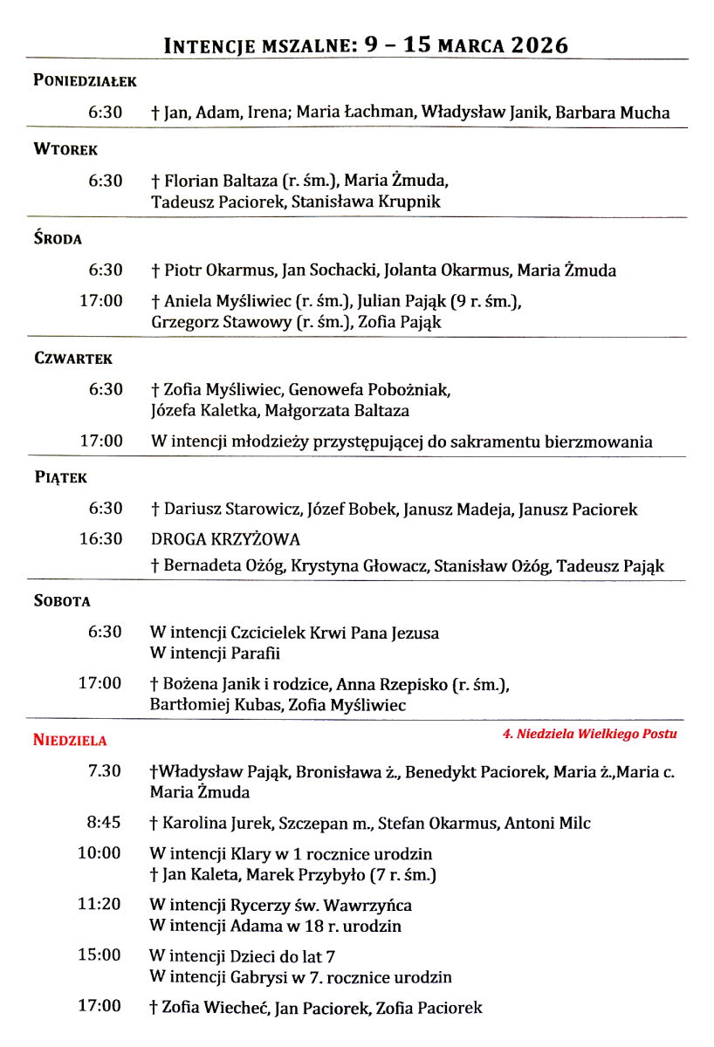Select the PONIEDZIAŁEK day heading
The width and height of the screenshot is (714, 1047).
point(85,81)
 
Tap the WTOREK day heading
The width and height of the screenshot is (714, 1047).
point(65,150)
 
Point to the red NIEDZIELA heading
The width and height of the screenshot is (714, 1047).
point(70,741)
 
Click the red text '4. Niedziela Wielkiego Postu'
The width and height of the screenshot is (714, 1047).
point(589,734)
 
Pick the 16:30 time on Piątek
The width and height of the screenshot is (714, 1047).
point(101,538)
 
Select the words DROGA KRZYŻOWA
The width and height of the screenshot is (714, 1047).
point(225,539)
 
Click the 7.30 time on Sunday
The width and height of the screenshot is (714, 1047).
point(106,771)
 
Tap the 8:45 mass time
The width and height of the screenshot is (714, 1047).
point(105,822)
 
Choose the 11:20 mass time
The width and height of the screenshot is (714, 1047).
point(100,905)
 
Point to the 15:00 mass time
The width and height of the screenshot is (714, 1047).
point(100,955)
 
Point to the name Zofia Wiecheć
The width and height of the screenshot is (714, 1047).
point(215,1008)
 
